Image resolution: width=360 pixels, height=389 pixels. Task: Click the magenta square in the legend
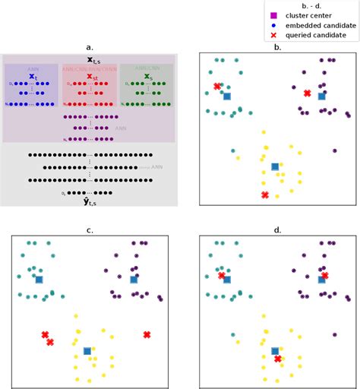273,15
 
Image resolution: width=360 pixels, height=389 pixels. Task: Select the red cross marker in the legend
273,36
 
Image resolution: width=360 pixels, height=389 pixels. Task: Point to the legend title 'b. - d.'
312,5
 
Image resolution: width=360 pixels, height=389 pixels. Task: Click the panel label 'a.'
90,47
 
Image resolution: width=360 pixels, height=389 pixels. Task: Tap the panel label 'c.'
90,230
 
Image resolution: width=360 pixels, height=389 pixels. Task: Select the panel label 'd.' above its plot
277,230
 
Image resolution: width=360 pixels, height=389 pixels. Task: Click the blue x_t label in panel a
32,77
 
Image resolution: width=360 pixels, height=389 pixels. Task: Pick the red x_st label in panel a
90,77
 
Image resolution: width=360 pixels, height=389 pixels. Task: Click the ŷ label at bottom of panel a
90,201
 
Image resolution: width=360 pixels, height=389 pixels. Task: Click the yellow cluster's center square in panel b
275,166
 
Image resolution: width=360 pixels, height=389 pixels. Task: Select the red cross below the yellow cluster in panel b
265,195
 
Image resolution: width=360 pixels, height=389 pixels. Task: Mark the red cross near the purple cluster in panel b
307,93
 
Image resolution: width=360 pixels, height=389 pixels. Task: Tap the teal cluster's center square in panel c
39,280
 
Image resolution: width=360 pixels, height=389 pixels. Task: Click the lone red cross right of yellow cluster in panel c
147,334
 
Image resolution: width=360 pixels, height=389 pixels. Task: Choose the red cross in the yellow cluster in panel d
278,359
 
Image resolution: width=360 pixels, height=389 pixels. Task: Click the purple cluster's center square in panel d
321,280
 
